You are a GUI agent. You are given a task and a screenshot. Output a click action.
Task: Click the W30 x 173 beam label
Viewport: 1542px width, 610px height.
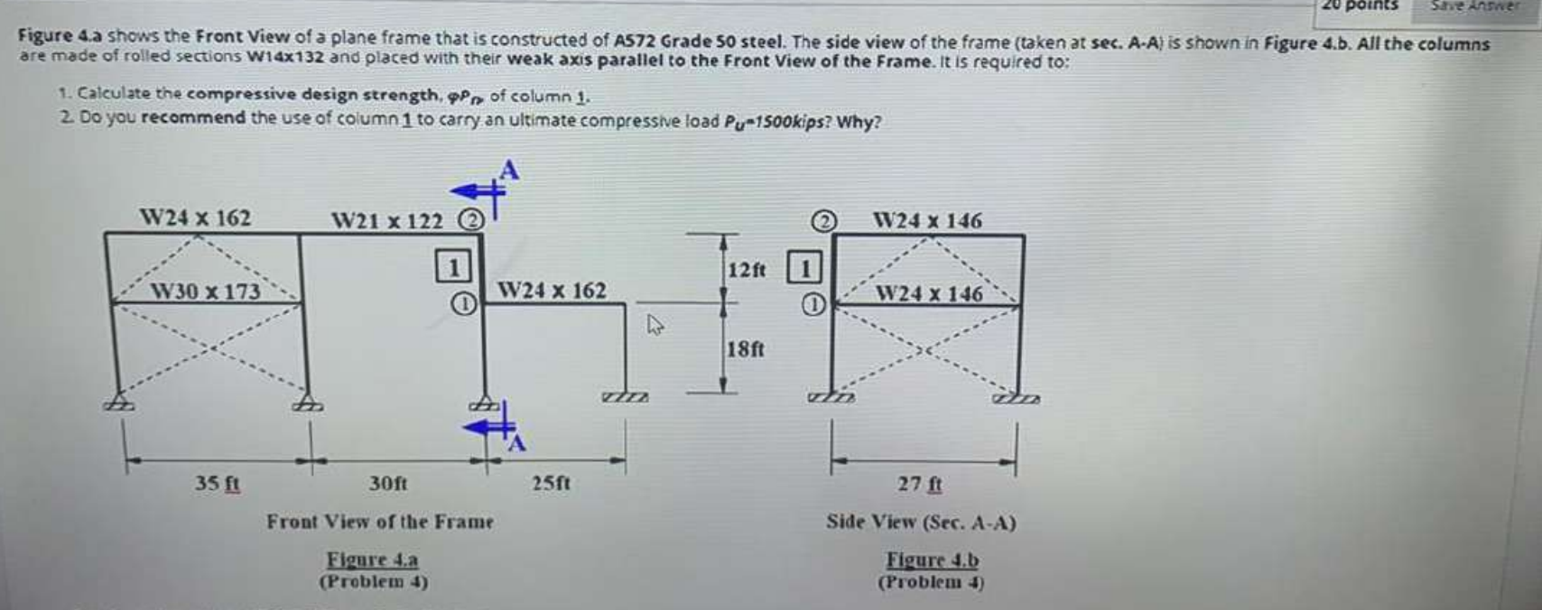[x=205, y=291]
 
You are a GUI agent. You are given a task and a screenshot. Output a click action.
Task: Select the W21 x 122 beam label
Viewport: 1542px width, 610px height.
[x=387, y=221]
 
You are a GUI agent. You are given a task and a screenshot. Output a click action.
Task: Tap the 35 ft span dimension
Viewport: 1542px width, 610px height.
[x=218, y=484]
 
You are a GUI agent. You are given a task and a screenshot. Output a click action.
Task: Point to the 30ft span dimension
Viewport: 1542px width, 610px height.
[x=388, y=484]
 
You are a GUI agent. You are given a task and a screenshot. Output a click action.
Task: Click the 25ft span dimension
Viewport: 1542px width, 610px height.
[x=551, y=484]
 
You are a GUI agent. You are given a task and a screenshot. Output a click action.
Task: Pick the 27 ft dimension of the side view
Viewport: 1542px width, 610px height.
[x=920, y=485]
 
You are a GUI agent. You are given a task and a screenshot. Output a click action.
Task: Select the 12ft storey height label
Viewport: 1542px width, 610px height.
[x=746, y=270]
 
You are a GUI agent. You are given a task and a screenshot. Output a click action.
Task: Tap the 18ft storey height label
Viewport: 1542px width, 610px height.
[x=746, y=349]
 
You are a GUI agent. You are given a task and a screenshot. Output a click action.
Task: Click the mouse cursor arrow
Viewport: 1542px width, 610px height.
[x=655, y=324]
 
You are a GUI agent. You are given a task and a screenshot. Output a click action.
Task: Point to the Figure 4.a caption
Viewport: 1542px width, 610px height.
[x=372, y=559]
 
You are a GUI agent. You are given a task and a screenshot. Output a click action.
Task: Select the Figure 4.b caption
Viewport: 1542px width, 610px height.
[x=932, y=560]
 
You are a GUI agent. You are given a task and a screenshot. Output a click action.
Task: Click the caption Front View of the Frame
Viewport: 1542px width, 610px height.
[x=379, y=522]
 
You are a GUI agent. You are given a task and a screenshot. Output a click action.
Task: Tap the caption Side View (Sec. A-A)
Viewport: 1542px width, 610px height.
[x=921, y=522]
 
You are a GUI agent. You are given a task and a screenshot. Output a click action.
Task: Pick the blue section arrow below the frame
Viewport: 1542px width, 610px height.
[x=491, y=425]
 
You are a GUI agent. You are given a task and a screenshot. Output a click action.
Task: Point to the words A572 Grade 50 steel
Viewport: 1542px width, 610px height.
[x=699, y=41]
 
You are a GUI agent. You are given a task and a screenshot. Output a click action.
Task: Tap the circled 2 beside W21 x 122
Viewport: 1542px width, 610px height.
[x=470, y=220]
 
